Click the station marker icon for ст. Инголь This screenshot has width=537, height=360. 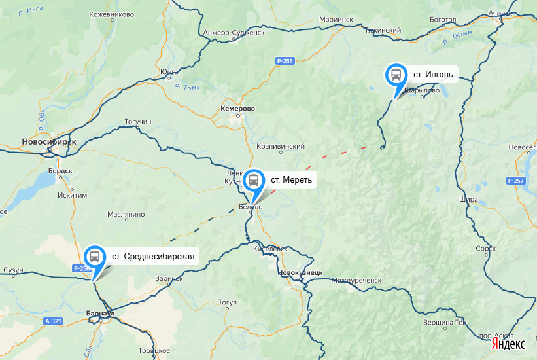click(396, 75)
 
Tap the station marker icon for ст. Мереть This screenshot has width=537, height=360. click(254, 179)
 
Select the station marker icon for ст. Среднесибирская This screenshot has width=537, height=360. click(95, 256)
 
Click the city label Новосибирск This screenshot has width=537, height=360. click(49, 141)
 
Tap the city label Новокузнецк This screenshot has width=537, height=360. click(301, 272)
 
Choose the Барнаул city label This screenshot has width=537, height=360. click(101, 314)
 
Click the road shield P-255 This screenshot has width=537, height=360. click(285, 61)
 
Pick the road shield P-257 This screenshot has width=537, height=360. click(516, 181)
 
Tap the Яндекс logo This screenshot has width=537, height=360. click(508, 344)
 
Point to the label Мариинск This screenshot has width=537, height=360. click(337, 20)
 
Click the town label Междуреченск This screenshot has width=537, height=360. click(356, 280)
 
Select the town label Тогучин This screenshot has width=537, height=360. click(137, 122)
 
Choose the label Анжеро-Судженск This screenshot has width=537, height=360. click(234, 32)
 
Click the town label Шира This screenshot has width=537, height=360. click(469, 199)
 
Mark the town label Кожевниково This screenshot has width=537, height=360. click(111, 14)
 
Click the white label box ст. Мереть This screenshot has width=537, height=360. click(292, 179)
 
